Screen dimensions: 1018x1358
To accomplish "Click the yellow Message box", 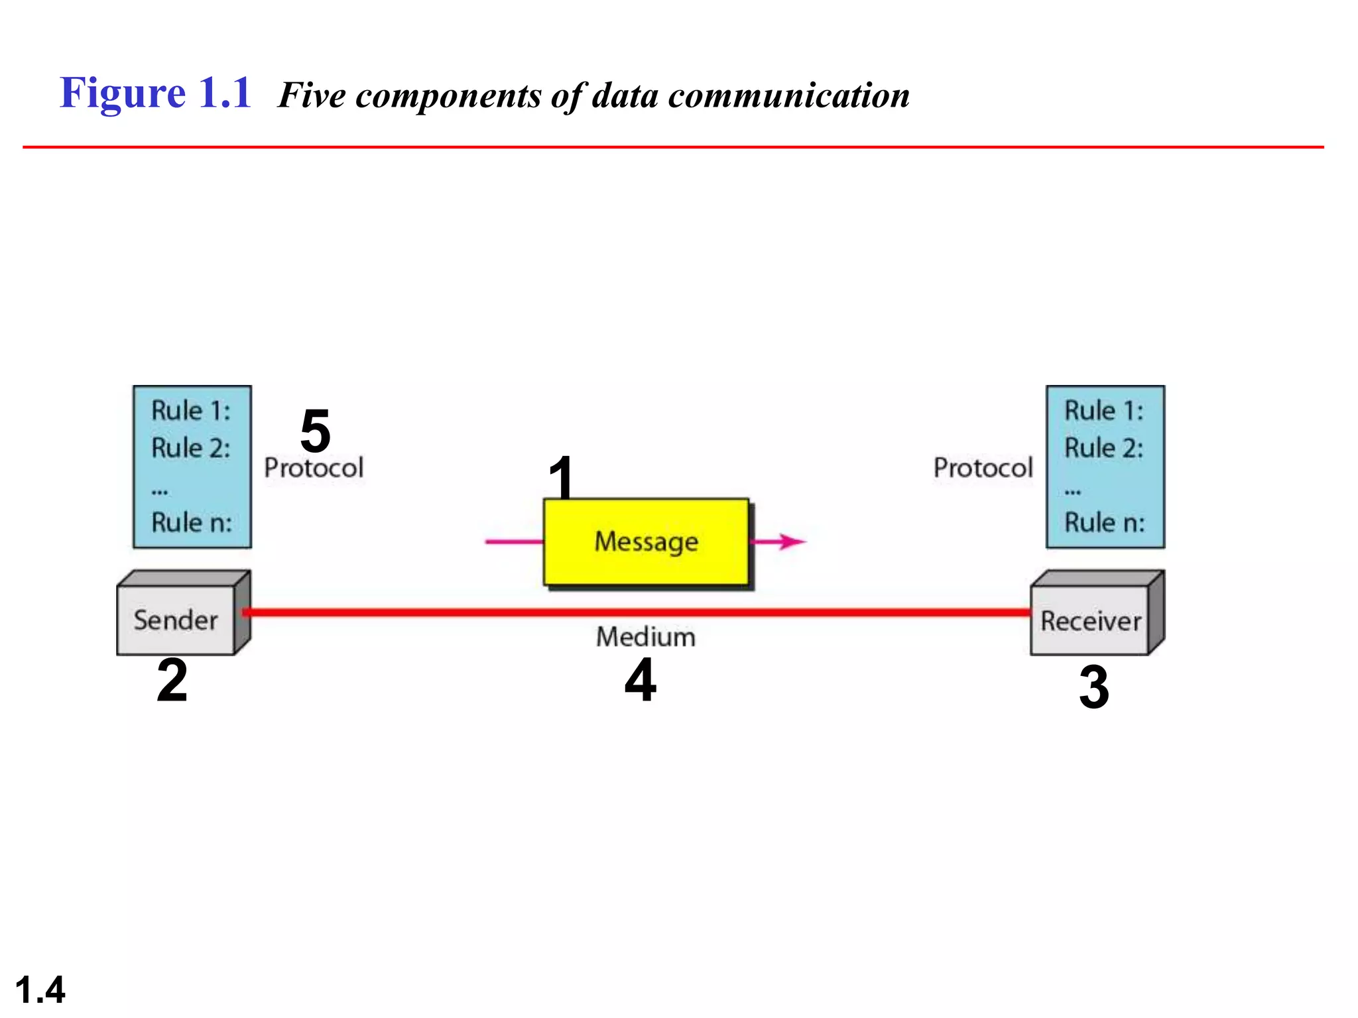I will pyautogui.click(x=647, y=541).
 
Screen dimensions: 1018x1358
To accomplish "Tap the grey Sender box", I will pyautogui.click(x=176, y=620).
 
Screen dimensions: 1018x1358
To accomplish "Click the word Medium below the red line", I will pyautogui.click(x=646, y=637).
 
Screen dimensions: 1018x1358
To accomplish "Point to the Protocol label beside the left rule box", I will pyautogui.click(x=314, y=468).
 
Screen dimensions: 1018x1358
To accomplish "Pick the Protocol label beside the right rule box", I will pyautogui.click(x=983, y=468).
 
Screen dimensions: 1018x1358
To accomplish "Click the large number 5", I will pyautogui.click(x=316, y=431).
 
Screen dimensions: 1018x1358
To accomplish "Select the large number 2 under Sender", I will pyautogui.click(x=172, y=680).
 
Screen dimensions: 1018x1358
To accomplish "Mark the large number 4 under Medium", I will pyautogui.click(x=641, y=680).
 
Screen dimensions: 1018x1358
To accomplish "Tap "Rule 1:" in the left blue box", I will pyautogui.click(x=191, y=411).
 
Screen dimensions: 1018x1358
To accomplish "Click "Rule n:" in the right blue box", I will pyautogui.click(x=1105, y=522).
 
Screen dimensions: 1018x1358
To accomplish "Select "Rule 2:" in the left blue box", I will pyautogui.click(x=191, y=448).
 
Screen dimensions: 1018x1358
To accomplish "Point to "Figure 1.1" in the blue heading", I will pyautogui.click(x=156, y=93).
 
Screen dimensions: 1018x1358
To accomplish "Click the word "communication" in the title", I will pyautogui.click(x=788, y=95).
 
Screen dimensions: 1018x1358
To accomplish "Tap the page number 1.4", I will pyautogui.click(x=40, y=990).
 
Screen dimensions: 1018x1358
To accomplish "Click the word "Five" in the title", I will pyautogui.click(x=312, y=95).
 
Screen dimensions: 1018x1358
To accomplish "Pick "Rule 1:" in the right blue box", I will pyautogui.click(x=1104, y=411).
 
